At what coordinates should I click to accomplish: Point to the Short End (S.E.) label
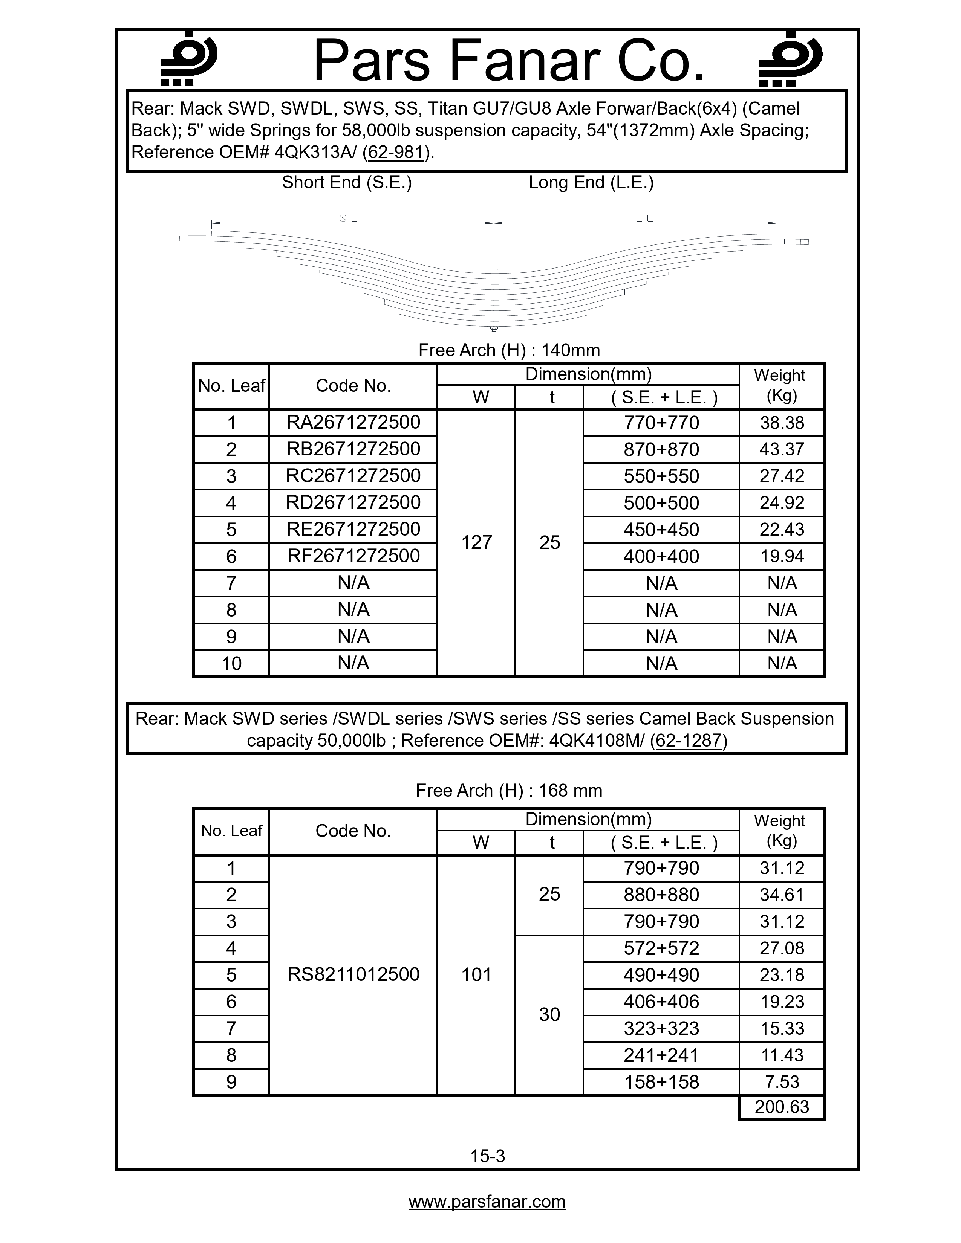[x=347, y=183]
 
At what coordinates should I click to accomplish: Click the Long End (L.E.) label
[x=591, y=183]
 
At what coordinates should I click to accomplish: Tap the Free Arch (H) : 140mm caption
[x=509, y=350]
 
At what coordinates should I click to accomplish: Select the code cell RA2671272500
[x=353, y=422]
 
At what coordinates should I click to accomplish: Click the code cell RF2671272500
[x=353, y=556]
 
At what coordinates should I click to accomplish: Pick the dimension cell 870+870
[x=661, y=450]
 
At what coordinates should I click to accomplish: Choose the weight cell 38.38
[x=782, y=423]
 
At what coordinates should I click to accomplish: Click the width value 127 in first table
[x=476, y=542]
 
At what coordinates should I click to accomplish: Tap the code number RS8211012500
[x=353, y=974]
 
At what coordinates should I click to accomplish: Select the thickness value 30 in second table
[x=549, y=1014]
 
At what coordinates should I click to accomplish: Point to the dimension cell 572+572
[x=661, y=948]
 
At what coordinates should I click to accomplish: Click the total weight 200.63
[x=782, y=1106]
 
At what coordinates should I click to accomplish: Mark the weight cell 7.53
[x=782, y=1081]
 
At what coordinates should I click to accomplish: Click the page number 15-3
[x=487, y=1156]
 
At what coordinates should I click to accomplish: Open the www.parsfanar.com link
[x=487, y=1202]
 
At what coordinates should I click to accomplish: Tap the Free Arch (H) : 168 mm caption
[x=509, y=791]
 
